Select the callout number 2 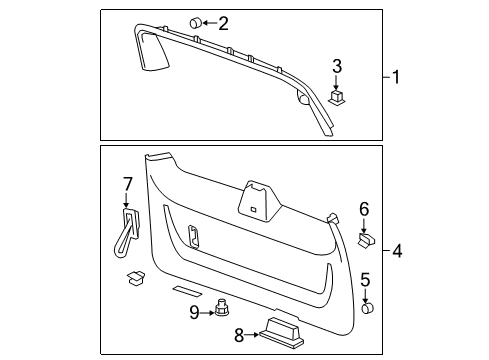tap(223, 22)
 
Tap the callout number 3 tap(338, 67)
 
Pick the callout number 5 tap(366, 279)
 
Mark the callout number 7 tap(127, 182)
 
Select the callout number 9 tap(195, 311)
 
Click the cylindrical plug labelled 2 tap(194, 22)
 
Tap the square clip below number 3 tap(337, 97)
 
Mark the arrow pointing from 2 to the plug tap(210, 22)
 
